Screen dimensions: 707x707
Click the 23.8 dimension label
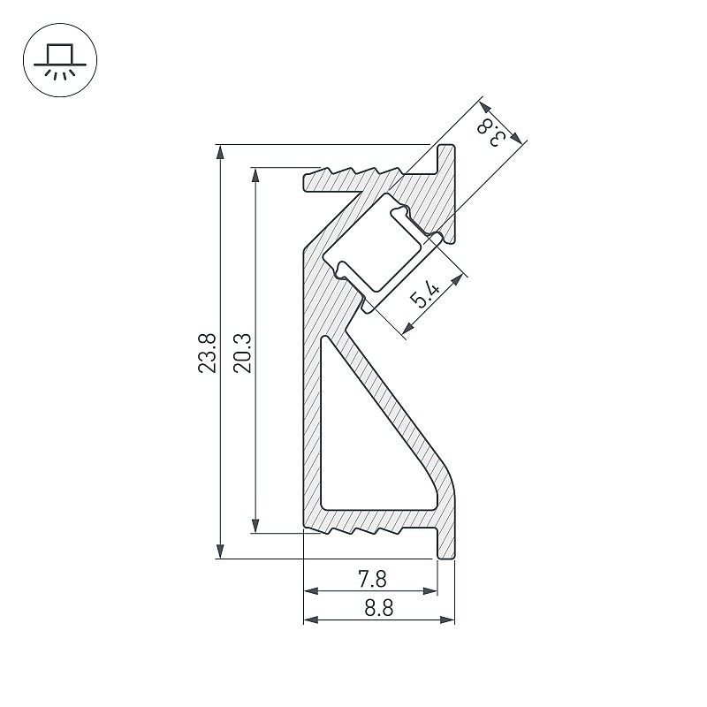click(x=207, y=353)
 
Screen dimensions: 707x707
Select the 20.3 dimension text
click(x=242, y=353)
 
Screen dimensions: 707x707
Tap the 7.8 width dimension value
click(x=372, y=579)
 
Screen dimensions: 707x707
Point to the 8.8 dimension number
click(x=379, y=607)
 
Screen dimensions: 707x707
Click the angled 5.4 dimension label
click(x=425, y=294)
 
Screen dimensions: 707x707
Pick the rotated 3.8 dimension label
click(x=491, y=132)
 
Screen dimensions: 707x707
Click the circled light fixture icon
click(x=60, y=60)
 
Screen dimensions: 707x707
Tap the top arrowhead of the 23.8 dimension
click(x=220, y=152)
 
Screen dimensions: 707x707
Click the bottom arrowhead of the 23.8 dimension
click(x=220, y=551)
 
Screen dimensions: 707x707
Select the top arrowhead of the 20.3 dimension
click(x=255, y=175)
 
